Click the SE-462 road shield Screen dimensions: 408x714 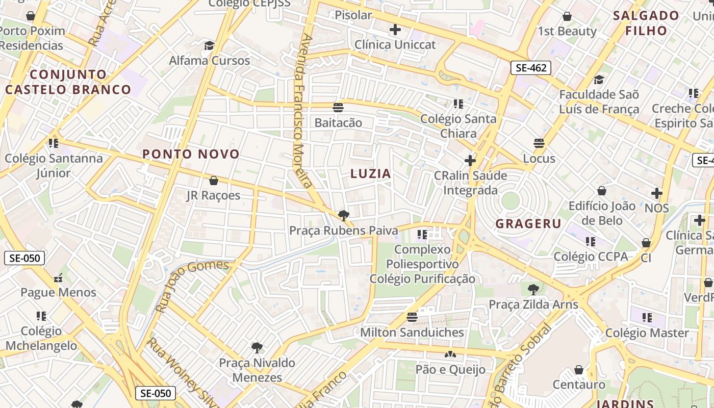click(x=531, y=67)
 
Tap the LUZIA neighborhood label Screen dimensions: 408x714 click(x=371, y=173)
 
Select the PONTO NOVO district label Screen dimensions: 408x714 click(x=191, y=154)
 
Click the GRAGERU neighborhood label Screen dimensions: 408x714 click(x=528, y=224)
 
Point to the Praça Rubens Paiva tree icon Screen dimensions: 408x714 click(x=343, y=215)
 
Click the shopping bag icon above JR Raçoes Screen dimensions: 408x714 click(x=214, y=181)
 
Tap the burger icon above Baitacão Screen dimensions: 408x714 click(x=338, y=107)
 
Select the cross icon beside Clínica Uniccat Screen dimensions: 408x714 click(x=395, y=30)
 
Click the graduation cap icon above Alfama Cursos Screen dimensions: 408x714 click(x=209, y=45)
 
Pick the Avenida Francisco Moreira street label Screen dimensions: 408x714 click(x=305, y=111)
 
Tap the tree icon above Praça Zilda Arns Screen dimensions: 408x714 click(x=533, y=290)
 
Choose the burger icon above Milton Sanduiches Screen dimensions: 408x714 click(x=412, y=317)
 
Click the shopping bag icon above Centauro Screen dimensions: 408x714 click(x=579, y=369)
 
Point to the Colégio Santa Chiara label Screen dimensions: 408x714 click(x=458, y=126)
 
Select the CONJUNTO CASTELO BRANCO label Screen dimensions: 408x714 click(x=68, y=82)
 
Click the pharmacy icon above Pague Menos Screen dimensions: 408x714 click(x=58, y=278)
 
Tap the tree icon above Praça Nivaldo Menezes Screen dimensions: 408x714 click(x=257, y=348)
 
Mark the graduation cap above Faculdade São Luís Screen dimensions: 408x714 click(x=599, y=80)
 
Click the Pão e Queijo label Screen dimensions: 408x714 click(x=450, y=370)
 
